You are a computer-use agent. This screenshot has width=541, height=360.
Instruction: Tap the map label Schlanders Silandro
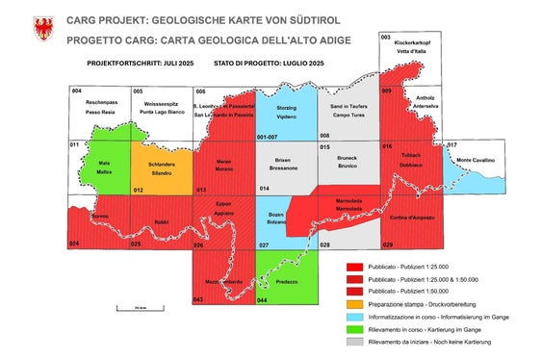click(x=160, y=168)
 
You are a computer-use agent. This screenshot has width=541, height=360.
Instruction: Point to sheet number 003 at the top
click(x=386, y=36)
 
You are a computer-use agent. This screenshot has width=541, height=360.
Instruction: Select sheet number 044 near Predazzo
click(x=262, y=300)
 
